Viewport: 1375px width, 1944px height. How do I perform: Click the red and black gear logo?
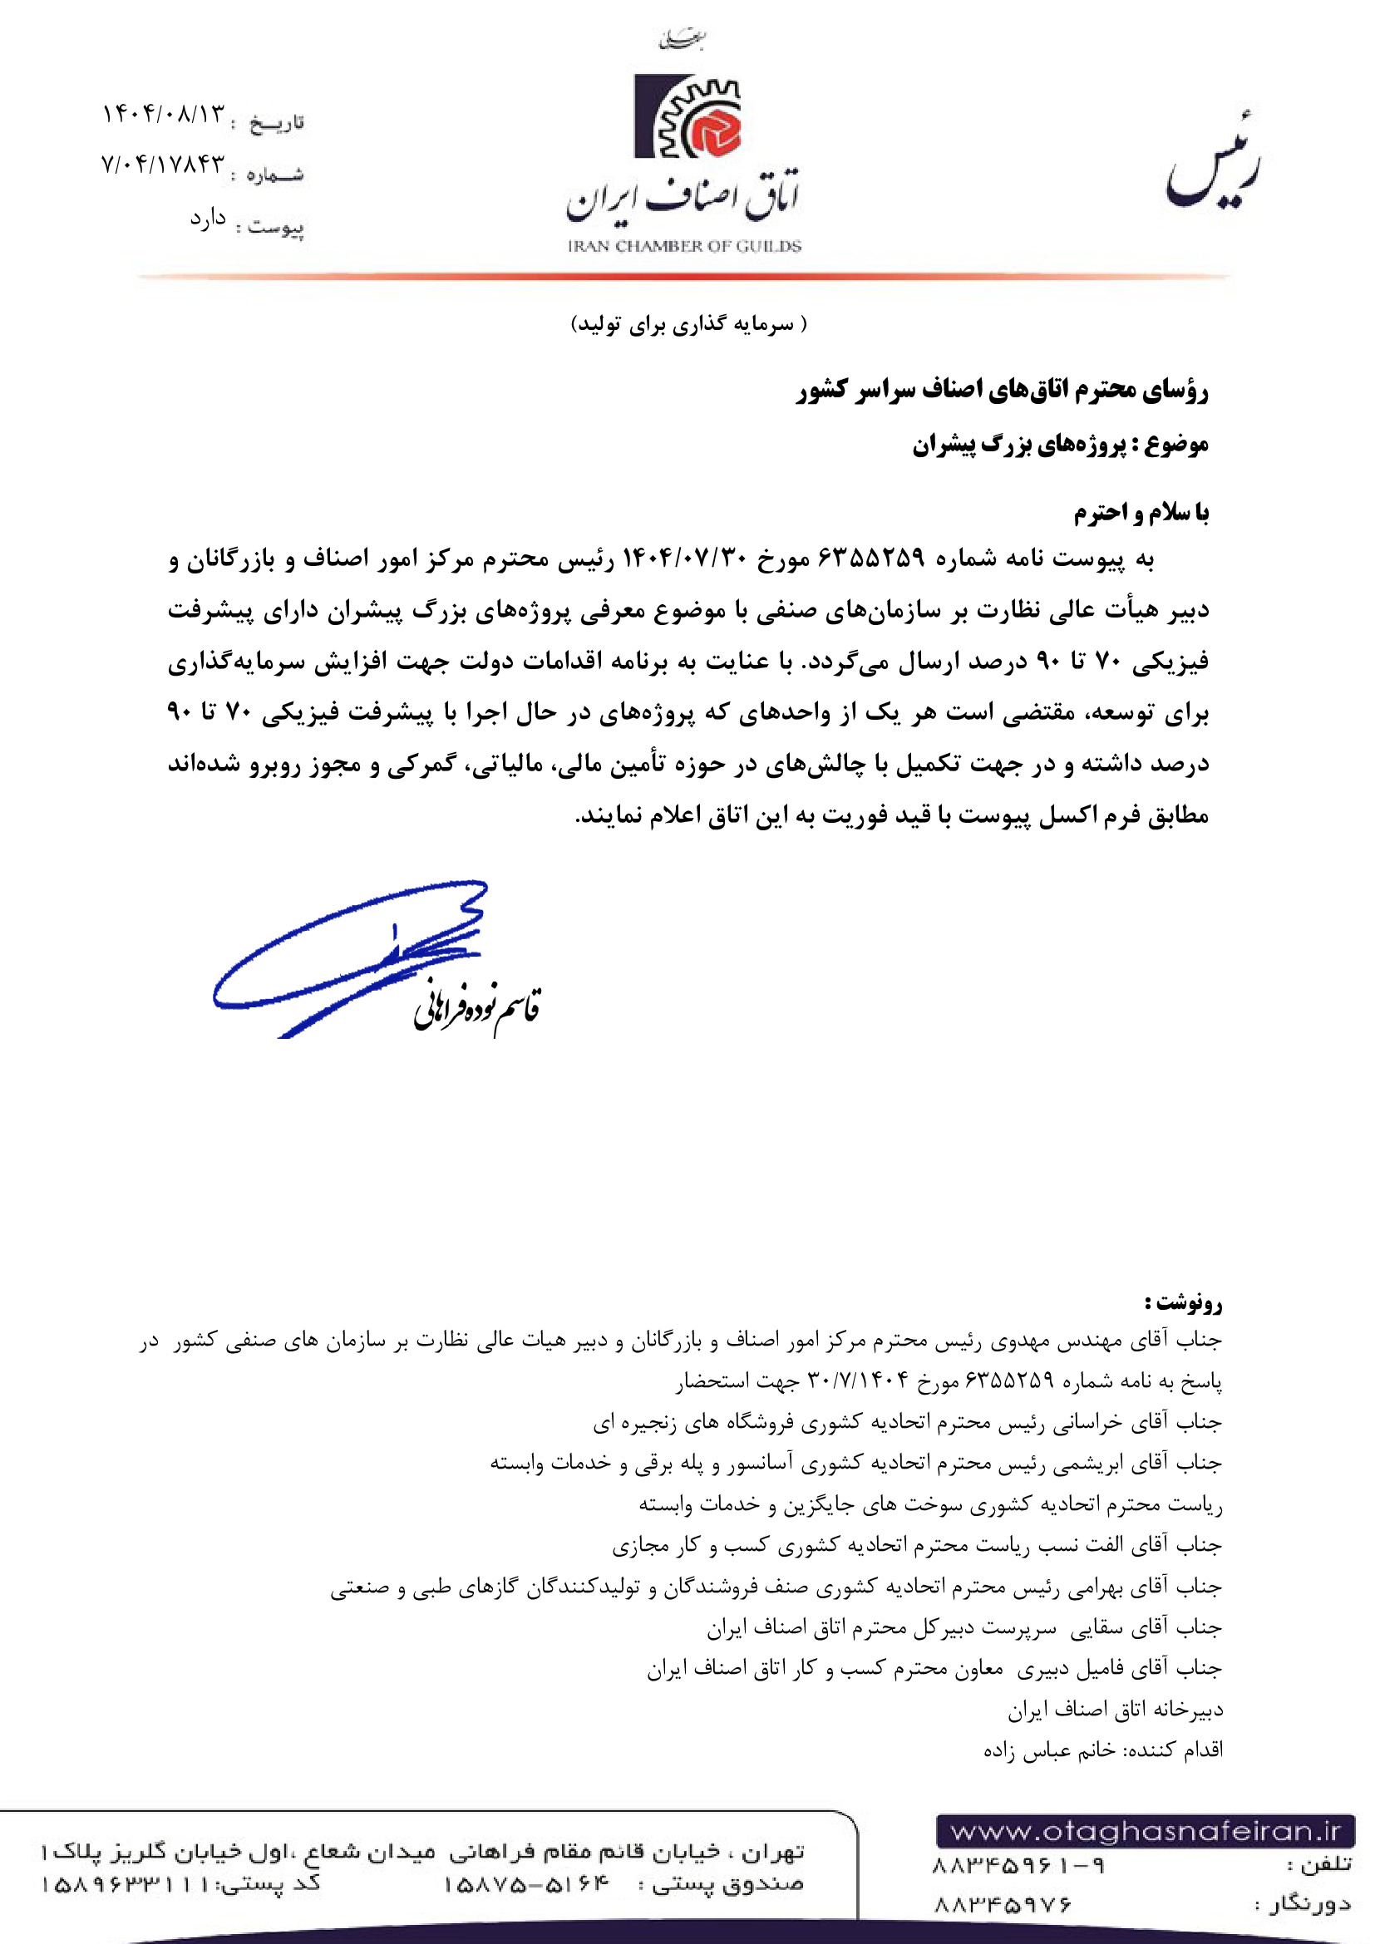687,117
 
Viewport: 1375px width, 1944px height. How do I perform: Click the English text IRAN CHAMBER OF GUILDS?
684,246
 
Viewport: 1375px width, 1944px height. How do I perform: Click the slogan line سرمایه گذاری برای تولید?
688,324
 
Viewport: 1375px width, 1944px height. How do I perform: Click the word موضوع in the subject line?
1177,444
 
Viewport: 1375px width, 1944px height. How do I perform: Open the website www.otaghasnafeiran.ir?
1146,1833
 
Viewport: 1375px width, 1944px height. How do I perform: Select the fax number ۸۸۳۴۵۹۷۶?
1003,1905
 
